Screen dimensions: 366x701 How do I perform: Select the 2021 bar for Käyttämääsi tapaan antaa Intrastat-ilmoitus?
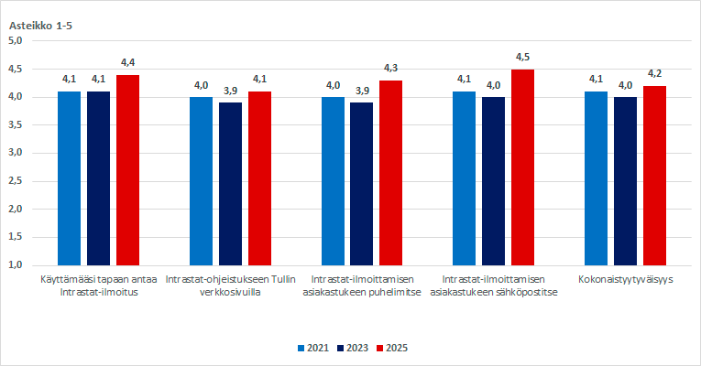coord(70,178)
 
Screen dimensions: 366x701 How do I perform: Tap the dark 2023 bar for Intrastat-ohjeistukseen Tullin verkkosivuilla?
coord(230,183)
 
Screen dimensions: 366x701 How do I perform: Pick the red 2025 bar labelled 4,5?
coord(522,167)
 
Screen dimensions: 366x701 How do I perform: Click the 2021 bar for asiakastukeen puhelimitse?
coord(333,180)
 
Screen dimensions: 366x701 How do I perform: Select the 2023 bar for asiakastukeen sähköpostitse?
coord(493,180)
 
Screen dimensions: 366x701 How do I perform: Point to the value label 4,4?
coord(127,62)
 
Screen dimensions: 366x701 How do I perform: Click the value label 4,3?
coord(391,69)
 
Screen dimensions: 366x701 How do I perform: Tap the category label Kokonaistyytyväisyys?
coord(626,279)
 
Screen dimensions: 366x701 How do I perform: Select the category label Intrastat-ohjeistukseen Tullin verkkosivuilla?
coord(230,285)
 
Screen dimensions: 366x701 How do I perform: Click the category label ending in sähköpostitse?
coord(494,285)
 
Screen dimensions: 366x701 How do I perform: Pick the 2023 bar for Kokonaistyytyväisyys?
coord(625,180)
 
